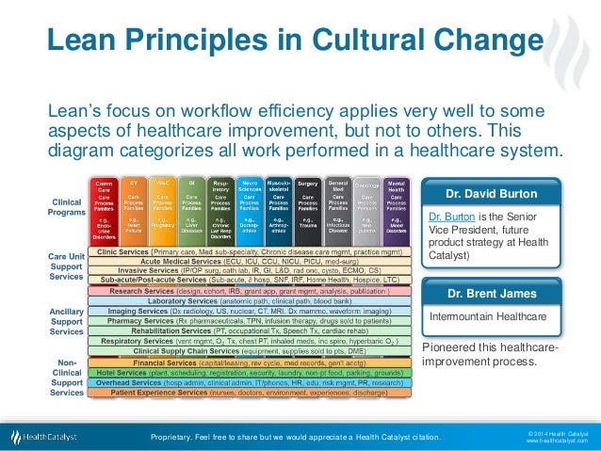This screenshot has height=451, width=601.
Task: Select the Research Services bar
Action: coord(250,291)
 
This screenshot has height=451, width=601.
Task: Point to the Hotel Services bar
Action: coord(250,371)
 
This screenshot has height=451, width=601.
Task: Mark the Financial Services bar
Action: coord(250,361)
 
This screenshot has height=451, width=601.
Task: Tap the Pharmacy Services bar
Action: coord(250,320)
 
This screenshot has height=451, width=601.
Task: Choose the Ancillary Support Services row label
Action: coord(65,321)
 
